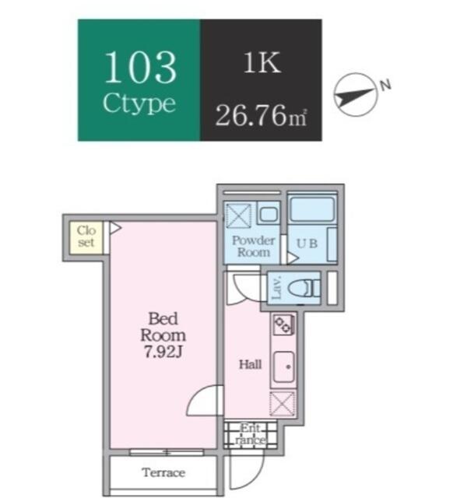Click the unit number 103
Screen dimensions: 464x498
(140, 68)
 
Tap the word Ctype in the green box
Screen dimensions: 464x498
(139, 103)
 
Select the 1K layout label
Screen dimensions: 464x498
(262, 62)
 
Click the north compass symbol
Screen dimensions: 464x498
(356, 95)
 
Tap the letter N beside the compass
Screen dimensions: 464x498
(385, 85)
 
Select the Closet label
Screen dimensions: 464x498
(86, 237)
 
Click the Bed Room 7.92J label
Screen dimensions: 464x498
(163, 335)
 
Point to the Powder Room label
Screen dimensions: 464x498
(253, 246)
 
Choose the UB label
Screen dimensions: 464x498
(307, 244)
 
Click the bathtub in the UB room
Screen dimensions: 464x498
(313, 209)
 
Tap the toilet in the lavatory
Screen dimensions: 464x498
(304, 289)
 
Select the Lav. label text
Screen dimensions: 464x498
(277, 289)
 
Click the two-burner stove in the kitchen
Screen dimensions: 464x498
(283, 324)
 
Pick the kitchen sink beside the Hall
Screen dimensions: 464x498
(284, 366)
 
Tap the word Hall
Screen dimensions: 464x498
(251, 364)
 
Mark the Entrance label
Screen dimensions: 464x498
(251, 434)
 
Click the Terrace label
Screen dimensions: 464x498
(163, 472)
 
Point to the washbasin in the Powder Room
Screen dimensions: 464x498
(269, 213)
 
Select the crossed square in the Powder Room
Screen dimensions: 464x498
(238, 216)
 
